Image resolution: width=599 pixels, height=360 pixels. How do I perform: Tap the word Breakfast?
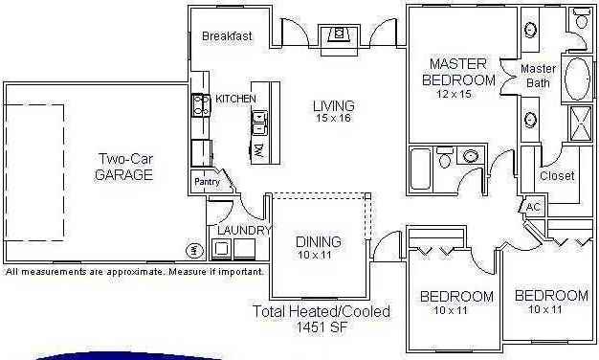tap(227, 36)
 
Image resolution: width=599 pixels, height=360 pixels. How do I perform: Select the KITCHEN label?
tap(235, 99)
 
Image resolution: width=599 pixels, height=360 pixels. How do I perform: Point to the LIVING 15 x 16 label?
tap(334, 111)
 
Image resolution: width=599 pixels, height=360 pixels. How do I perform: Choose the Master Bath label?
tap(537, 76)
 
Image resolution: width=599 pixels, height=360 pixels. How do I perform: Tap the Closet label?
tap(557, 176)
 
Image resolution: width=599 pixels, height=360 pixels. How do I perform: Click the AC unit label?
tap(533, 207)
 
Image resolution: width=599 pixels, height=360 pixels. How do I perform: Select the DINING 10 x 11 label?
tap(318, 248)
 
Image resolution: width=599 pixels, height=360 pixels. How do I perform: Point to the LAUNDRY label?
tap(240, 231)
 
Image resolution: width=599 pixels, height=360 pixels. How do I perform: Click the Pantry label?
tap(208, 181)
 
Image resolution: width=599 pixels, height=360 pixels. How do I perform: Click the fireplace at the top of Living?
tap(338, 34)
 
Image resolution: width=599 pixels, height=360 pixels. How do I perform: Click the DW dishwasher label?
tap(259, 150)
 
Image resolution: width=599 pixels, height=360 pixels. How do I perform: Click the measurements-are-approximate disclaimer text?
tap(134, 272)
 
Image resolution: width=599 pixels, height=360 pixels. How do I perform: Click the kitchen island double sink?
tap(259, 121)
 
